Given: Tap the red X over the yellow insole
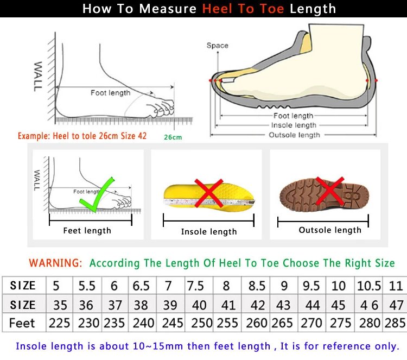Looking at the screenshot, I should [x=208, y=193].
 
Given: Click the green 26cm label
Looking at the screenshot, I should [x=173, y=137].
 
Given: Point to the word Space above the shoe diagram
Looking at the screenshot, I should [x=217, y=46].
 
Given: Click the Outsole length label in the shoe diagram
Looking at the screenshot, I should [x=294, y=135].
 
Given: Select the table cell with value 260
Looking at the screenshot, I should [x=257, y=323].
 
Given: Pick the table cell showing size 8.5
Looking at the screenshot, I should [x=257, y=286].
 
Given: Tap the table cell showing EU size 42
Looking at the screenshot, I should [x=257, y=305].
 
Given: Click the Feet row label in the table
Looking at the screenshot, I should [x=22, y=323].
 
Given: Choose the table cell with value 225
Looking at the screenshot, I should [x=59, y=323].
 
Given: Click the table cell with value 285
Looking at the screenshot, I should [x=395, y=323].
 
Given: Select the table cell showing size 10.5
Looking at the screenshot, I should [x=368, y=286].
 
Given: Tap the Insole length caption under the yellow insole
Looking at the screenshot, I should [x=209, y=232].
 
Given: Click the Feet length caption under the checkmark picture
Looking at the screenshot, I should [x=87, y=231].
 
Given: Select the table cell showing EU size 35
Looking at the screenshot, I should [x=59, y=305].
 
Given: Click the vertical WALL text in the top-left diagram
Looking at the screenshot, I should [x=39, y=77].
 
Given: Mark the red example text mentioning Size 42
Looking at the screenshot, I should [x=82, y=136].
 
